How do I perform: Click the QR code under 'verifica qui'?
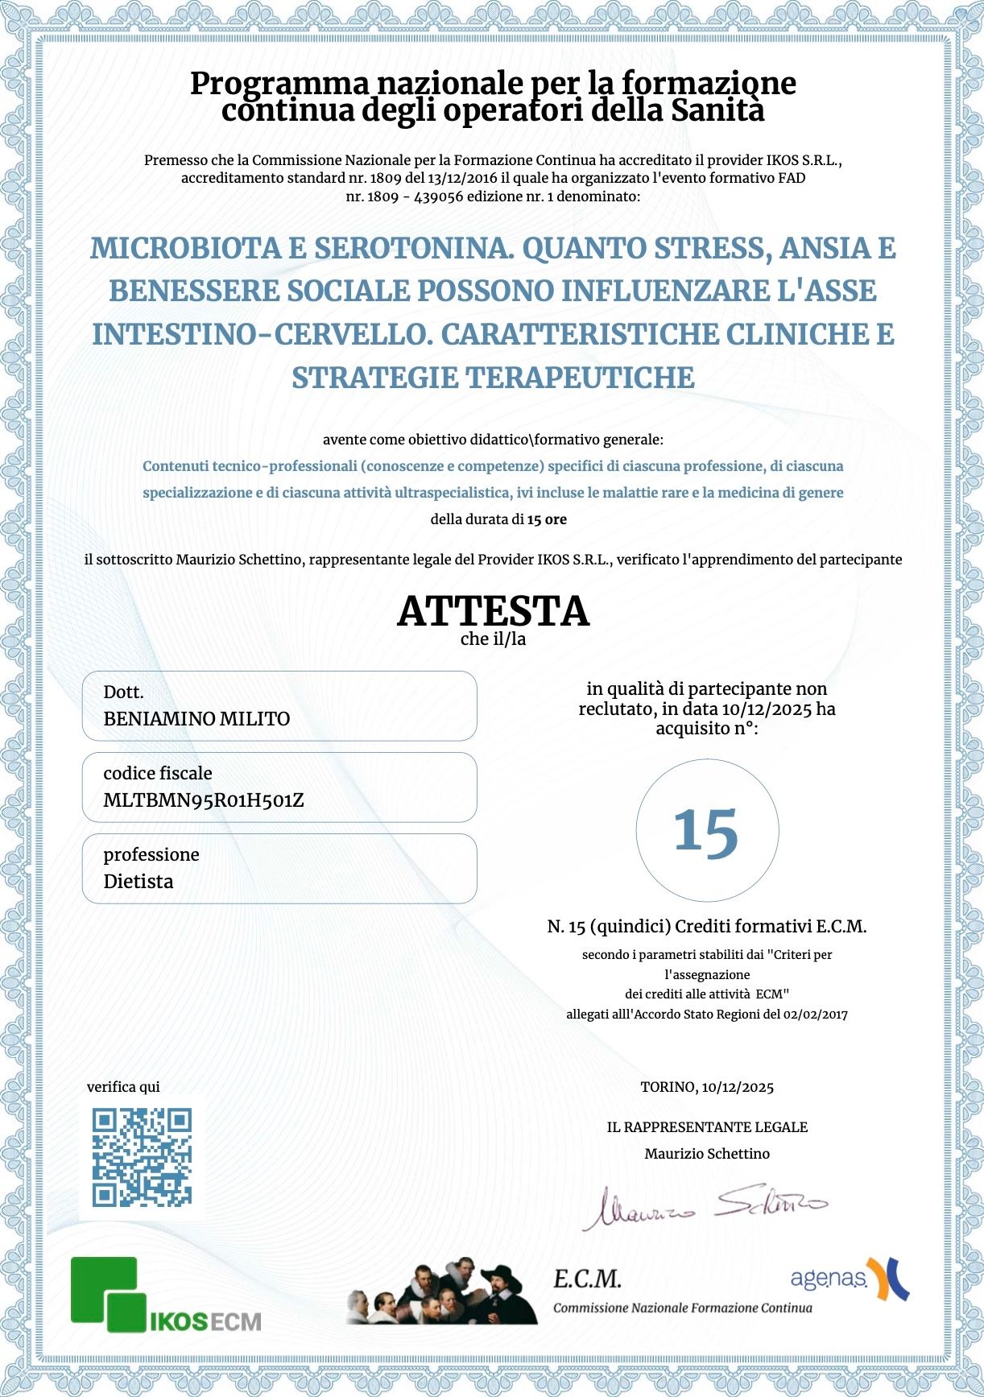click(142, 1157)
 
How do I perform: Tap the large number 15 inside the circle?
click(706, 831)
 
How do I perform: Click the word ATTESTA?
click(493, 611)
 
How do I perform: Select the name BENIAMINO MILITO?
click(196, 719)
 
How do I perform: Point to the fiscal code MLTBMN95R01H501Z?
click(204, 800)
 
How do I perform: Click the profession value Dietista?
click(139, 882)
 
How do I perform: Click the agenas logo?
click(849, 1279)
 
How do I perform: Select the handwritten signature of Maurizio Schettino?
click(705, 1206)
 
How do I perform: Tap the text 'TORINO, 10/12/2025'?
click(707, 1087)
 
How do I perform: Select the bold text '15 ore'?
click(547, 519)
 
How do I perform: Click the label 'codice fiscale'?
click(158, 774)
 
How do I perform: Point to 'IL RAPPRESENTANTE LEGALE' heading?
click(707, 1127)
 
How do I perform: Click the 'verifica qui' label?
click(123, 1087)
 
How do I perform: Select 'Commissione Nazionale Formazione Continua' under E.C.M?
click(682, 1308)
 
